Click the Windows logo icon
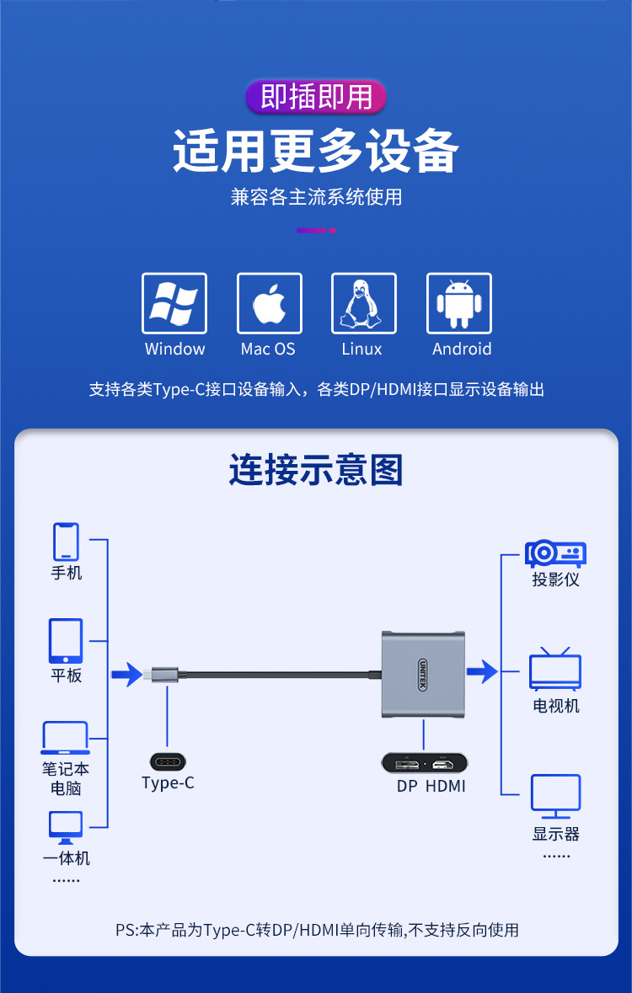174,303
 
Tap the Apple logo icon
270,303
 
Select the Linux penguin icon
364,303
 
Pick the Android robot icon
459,303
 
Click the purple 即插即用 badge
316,97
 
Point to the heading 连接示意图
316,470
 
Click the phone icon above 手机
66,542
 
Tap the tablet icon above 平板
66,641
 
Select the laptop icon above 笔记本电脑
65,738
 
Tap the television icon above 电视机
555,669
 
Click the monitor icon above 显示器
555,797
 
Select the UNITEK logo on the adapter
422,675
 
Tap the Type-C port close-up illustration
168,762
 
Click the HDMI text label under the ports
446,787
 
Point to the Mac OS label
268,349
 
